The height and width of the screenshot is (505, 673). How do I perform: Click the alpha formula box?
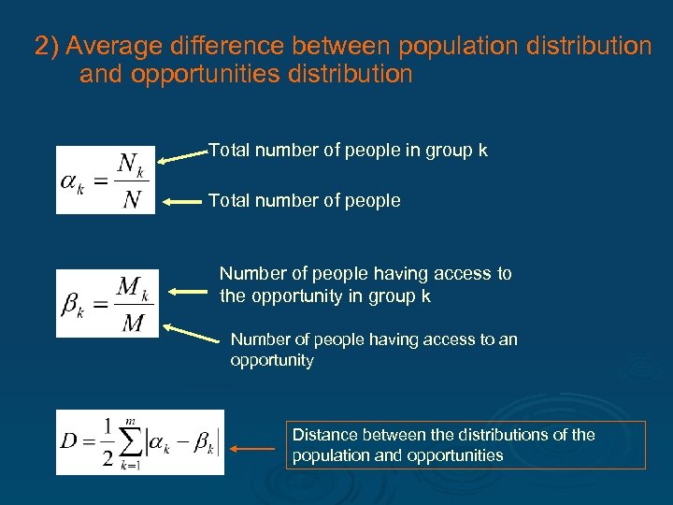coord(105,180)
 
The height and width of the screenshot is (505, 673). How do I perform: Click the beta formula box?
coord(107,303)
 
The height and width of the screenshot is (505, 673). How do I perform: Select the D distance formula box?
coord(140,441)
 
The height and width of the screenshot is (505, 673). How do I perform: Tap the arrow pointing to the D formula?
coord(252,449)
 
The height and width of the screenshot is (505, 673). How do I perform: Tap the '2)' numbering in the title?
coord(47,46)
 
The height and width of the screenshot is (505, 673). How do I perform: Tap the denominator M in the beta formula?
coord(133,323)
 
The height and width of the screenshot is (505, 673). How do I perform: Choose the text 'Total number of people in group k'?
coord(348,150)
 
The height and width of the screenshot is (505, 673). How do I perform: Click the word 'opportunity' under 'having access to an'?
coord(272,360)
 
